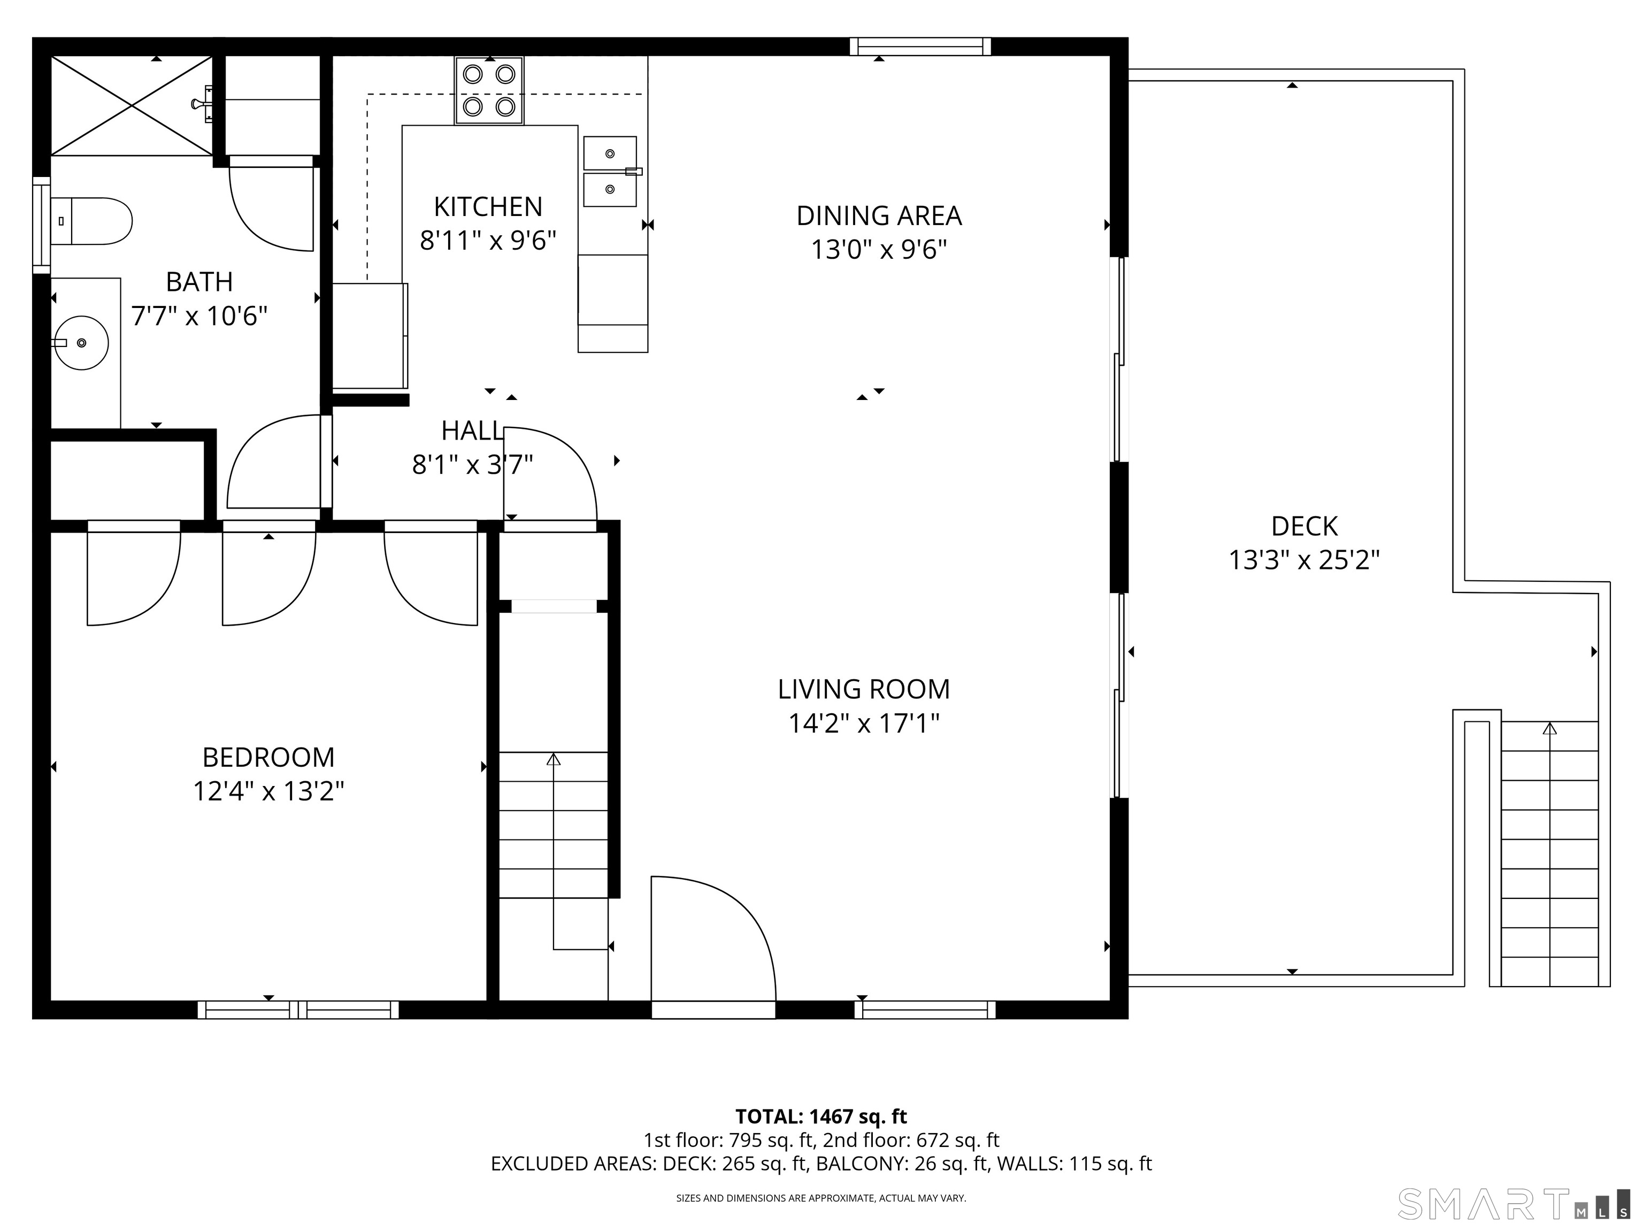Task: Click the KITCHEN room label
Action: point(488,206)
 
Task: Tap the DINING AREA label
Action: point(879,216)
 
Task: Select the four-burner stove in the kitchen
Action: point(489,90)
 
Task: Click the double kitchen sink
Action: point(610,172)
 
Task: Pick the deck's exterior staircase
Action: point(1549,854)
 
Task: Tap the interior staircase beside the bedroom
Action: point(554,825)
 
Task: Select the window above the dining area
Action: point(920,47)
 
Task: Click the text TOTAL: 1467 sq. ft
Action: point(821,1116)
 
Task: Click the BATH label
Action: point(199,282)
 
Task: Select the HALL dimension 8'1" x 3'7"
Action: point(472,465)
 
